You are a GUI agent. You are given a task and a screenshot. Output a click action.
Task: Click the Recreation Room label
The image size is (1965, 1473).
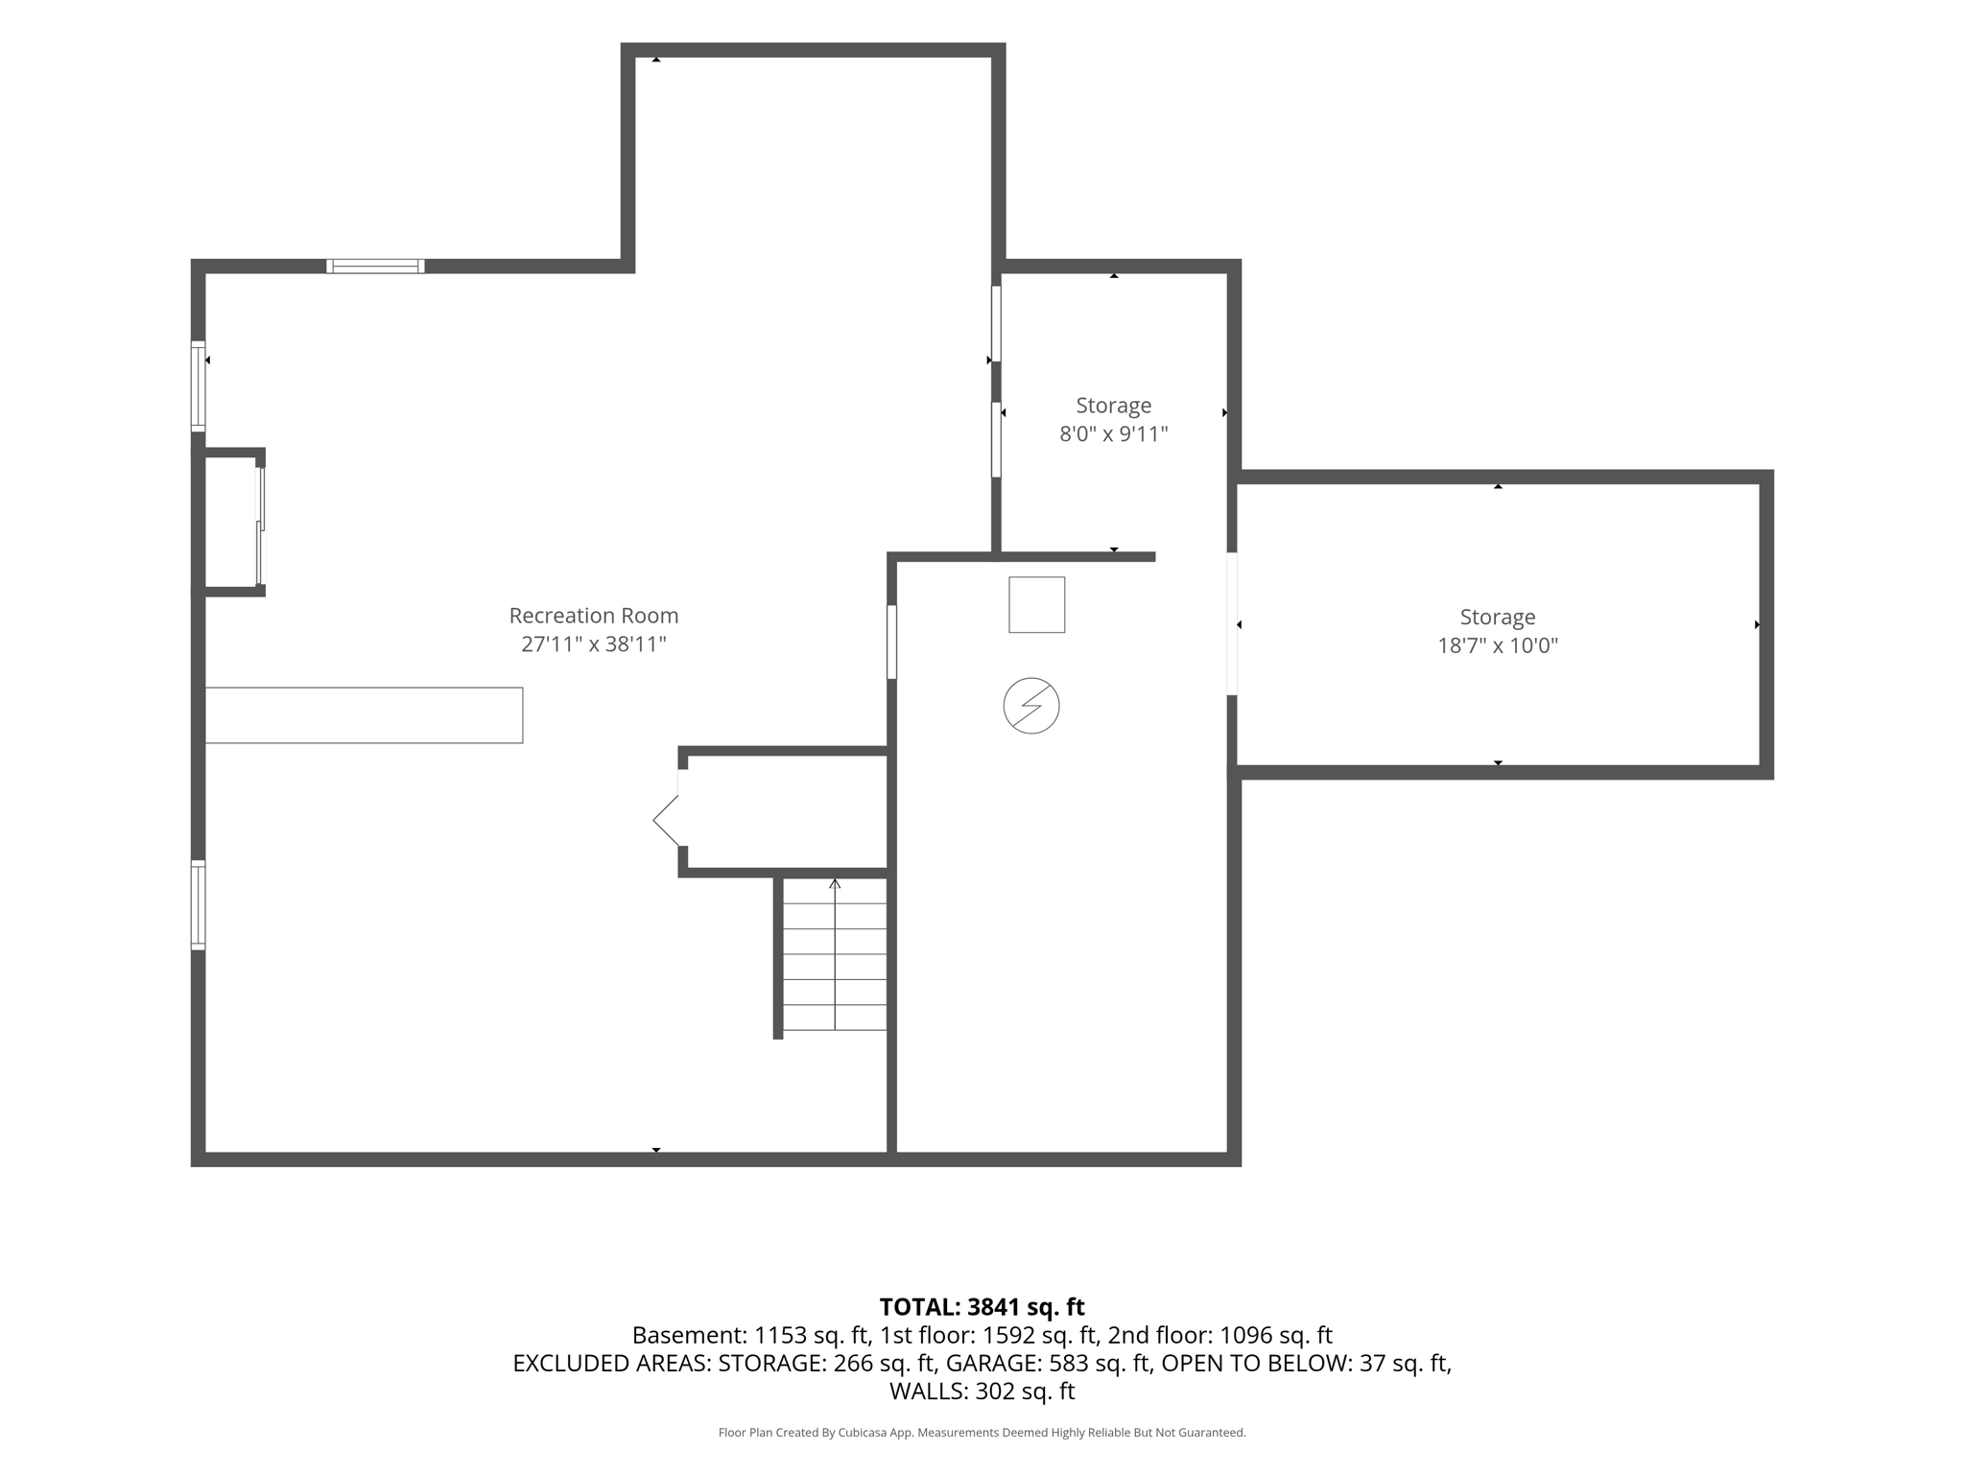[593, 616]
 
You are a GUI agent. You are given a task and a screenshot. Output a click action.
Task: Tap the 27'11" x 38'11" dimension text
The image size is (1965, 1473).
[593, 644]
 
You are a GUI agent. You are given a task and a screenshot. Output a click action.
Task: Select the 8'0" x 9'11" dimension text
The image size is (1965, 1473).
[1113, 434]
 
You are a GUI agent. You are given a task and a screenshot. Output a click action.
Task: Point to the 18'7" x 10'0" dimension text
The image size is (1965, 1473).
[1497, 645]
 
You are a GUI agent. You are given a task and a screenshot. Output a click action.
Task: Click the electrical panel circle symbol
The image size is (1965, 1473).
[1031, 707]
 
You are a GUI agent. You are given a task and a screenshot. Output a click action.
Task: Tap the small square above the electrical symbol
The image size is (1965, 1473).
[1036, 605]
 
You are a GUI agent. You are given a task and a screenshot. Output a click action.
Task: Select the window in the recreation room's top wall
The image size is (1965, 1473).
[375, 267]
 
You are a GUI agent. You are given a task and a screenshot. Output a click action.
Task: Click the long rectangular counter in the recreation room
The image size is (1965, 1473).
[364, 715]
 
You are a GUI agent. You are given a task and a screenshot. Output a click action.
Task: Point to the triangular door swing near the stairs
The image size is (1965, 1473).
[666, 821]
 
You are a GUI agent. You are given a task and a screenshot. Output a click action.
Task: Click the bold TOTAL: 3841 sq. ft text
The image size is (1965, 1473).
[982, 1307]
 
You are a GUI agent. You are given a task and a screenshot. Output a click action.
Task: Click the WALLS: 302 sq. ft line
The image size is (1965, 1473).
[982, 1391]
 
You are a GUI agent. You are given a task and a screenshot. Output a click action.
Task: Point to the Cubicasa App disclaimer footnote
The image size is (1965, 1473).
[982, 1433]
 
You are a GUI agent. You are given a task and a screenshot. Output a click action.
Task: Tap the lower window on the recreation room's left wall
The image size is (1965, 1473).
[199, 905]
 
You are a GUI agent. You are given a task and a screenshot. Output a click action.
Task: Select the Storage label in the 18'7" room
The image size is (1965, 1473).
[1497, 618]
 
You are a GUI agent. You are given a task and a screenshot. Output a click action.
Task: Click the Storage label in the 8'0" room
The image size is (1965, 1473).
[1113, 406]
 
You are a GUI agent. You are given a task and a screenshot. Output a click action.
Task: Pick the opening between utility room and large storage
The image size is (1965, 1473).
[1232, 623]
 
